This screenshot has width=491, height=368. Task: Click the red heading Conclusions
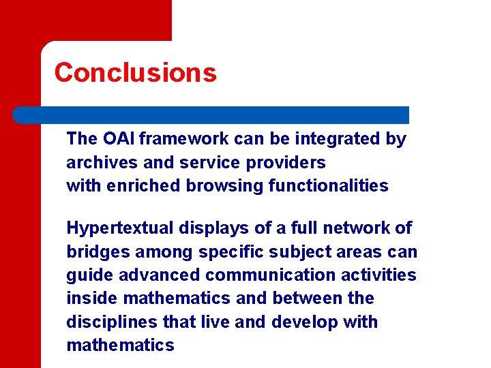[x=135, y=72]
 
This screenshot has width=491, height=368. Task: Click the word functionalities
[x=329, y=186]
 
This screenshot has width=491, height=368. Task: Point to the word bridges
[x=95, y=252]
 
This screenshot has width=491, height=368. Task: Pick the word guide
[x=86, y=275]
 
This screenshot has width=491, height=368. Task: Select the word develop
[x=304, y=322]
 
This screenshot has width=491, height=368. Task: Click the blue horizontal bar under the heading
[x=211, y=114]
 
